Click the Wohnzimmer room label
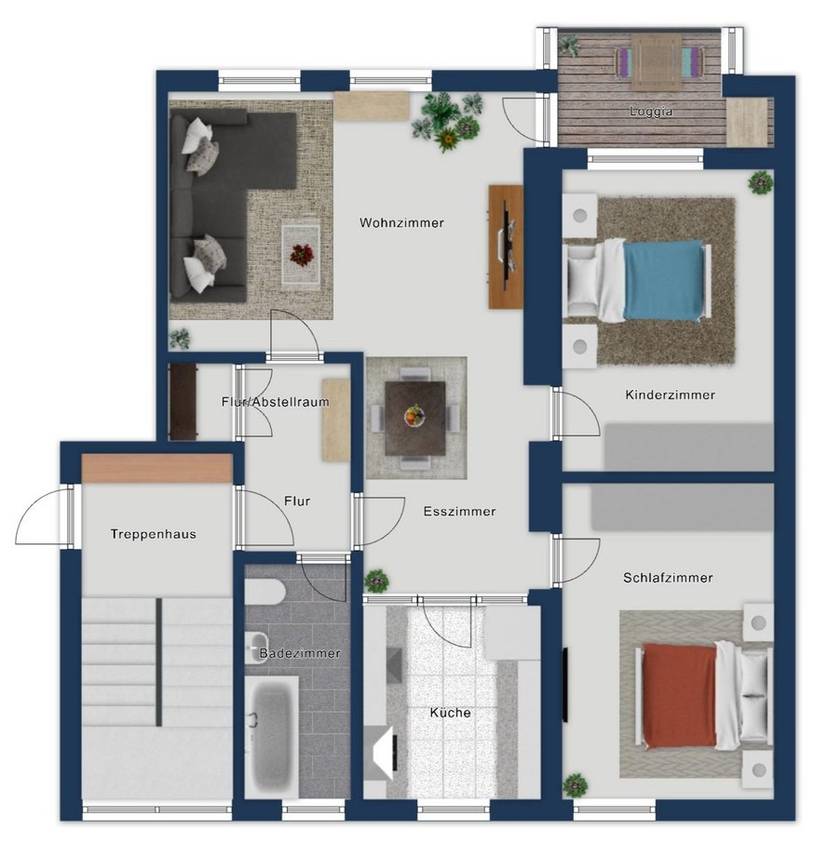[401, 222]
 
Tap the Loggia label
[650, 112]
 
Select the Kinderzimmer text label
[670, 394]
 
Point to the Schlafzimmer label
[668, 578]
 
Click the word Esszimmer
[460, 512]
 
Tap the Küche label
[450, 713]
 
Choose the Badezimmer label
[300, 653]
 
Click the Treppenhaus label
[153, 534]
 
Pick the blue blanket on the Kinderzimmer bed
[663, 280]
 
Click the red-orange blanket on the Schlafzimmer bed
[680, 695]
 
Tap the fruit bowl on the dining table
[414, 416]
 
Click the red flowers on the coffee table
[302, 255]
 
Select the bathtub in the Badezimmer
[271, 736]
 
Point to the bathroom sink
[257, 648]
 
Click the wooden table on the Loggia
[657, 61]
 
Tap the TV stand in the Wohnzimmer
[506, 247]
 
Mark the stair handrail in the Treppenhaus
[159, 662]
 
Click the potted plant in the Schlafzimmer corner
[576, 786]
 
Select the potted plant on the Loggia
[570, 46]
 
